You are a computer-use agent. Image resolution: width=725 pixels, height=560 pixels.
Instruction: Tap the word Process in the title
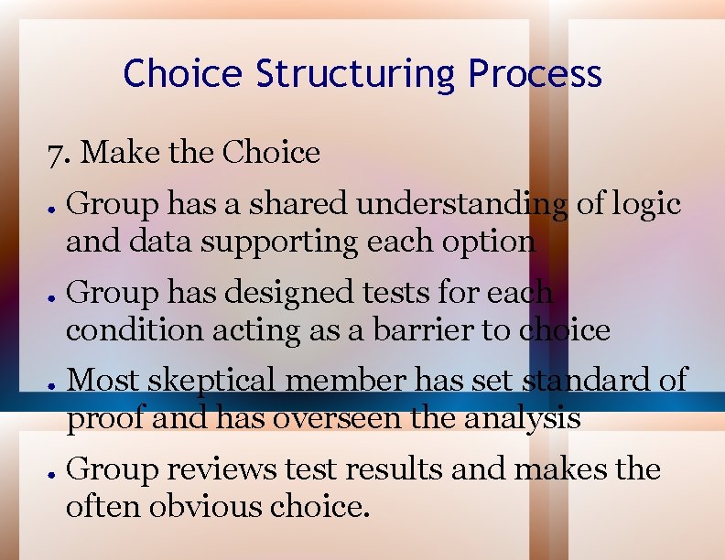535,73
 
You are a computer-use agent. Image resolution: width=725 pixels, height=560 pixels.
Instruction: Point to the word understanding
460,205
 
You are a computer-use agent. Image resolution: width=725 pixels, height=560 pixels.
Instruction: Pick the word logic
647,204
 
